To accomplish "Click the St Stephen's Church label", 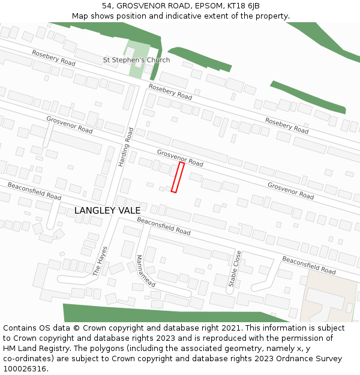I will pyautogui.click(x=136, y=60).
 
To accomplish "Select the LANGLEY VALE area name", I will pyautogui.click(x=107, y=211).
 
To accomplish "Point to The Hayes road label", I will pyautogui.click(x=100, y=260).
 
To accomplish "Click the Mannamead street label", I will pyautogui.click(x=146, y=271).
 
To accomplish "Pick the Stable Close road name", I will pyautogui.click(x=235, y=268).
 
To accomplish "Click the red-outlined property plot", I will pyautogui.click(x=178, y=177).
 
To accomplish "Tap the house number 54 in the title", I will pyautogui.click(x=107, y=5).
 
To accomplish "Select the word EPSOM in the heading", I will pyautogui.click(x=211, y=5).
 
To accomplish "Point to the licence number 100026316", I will pyautogui.click(x=26, y=369).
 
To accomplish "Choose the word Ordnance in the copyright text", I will pyautogui.click(x=284, y=359).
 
